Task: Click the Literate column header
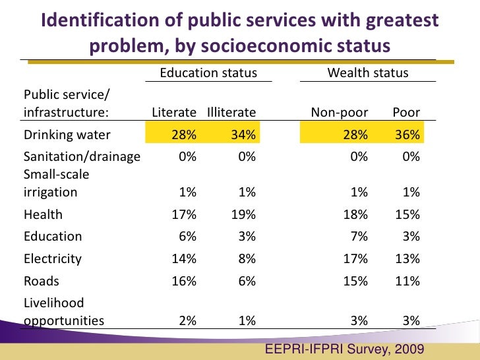(x=174, y=112)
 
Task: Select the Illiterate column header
(x=231, y=112)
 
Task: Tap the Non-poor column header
(x=340, y=112)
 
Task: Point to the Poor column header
(x=406, y=112)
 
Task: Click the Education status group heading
(x=208, y=73)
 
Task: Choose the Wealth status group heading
(x=368, y=73)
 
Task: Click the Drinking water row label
(x=67, y=135)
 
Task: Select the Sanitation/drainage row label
(x=82, y=157)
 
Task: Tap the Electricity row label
(x=53, y=258)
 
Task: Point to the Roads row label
(x=42, y=281)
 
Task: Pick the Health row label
(x=44, y=214)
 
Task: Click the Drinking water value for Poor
(x=407, y=135)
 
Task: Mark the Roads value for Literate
(x=184, y=281)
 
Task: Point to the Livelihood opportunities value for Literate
(x=187, y=321)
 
